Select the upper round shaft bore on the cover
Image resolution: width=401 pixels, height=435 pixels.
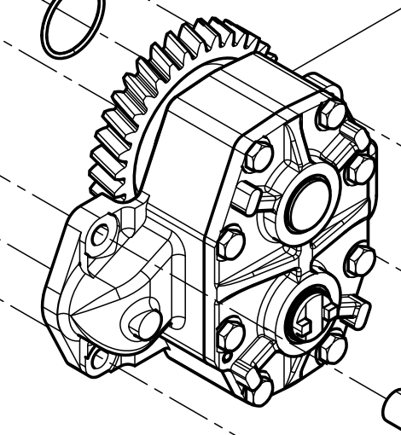click(308, 203)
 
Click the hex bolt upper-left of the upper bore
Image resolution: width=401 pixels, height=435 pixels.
click(259, 155)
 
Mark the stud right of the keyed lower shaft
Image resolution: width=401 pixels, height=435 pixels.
click(357, 310)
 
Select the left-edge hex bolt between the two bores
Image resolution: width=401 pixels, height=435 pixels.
click(230, 244)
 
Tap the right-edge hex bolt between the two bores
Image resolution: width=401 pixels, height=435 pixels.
click(361, 260)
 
